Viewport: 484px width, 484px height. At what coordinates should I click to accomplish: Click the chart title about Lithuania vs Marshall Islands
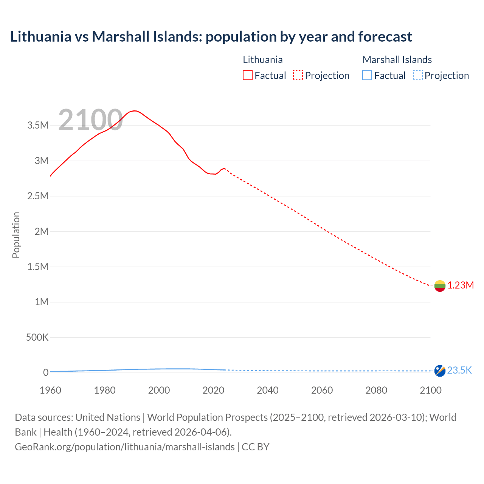[211, 37]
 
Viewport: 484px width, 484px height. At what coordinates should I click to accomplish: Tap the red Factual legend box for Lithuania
[247, 76]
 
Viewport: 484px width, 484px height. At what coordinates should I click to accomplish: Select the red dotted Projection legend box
[298, 76]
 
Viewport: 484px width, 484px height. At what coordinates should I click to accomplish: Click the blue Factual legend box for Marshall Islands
[367, 76]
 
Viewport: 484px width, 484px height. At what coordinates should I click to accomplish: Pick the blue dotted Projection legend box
[418, 76]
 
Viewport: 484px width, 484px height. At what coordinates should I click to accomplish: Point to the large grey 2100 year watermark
[90, 120]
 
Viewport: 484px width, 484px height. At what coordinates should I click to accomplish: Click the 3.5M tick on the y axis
[38, 126]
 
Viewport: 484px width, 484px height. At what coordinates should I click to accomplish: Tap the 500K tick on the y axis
[37, 337]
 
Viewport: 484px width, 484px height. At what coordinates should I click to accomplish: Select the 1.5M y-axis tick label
[38, 267]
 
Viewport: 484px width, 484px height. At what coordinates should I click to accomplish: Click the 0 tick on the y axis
[46, 372]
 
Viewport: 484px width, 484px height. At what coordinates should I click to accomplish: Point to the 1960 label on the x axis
[50, 390]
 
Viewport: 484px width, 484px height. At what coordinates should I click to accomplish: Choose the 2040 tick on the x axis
[268, 390]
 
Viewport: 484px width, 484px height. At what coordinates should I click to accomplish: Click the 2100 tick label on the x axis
[431, 390]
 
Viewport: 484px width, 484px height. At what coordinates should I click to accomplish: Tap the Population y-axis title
[16, 235]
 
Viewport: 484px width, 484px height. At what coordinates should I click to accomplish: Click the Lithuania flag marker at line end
[440, 286]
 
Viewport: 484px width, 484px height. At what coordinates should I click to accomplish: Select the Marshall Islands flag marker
[440, 371]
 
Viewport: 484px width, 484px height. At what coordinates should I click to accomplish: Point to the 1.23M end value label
[461, 285]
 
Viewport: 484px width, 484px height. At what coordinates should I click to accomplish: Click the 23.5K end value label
[459, 371]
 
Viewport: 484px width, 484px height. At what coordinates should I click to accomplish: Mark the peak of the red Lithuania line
[135, 111]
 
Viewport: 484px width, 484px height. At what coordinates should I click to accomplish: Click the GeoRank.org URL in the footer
[125, 447]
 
